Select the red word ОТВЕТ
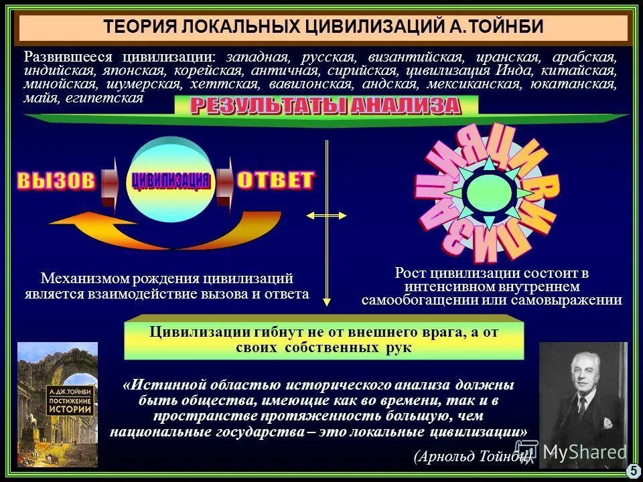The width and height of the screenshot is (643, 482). click(275, 179)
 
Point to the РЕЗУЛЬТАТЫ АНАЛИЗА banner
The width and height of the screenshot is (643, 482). click(326, 106)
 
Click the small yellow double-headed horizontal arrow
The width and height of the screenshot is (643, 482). click(326, 216)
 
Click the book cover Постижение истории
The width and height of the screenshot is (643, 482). click(58, 404)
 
